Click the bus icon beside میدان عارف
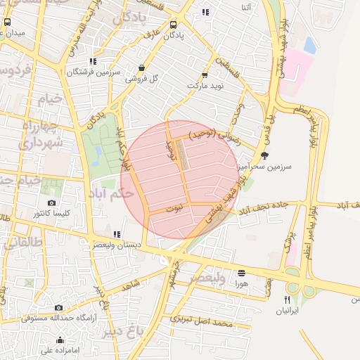pyautogui.click(x=7, y=22)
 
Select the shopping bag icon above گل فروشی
pyautogui.click(x=142, y=68)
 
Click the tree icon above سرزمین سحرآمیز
pyautogui.click(x=264, y=155)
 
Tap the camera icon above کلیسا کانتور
pyautogui.click(x=51, y=203)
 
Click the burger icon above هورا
pyautogui.click(x=242, y=273)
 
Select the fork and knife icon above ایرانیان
pyautogui.click(x=287, y=300)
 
